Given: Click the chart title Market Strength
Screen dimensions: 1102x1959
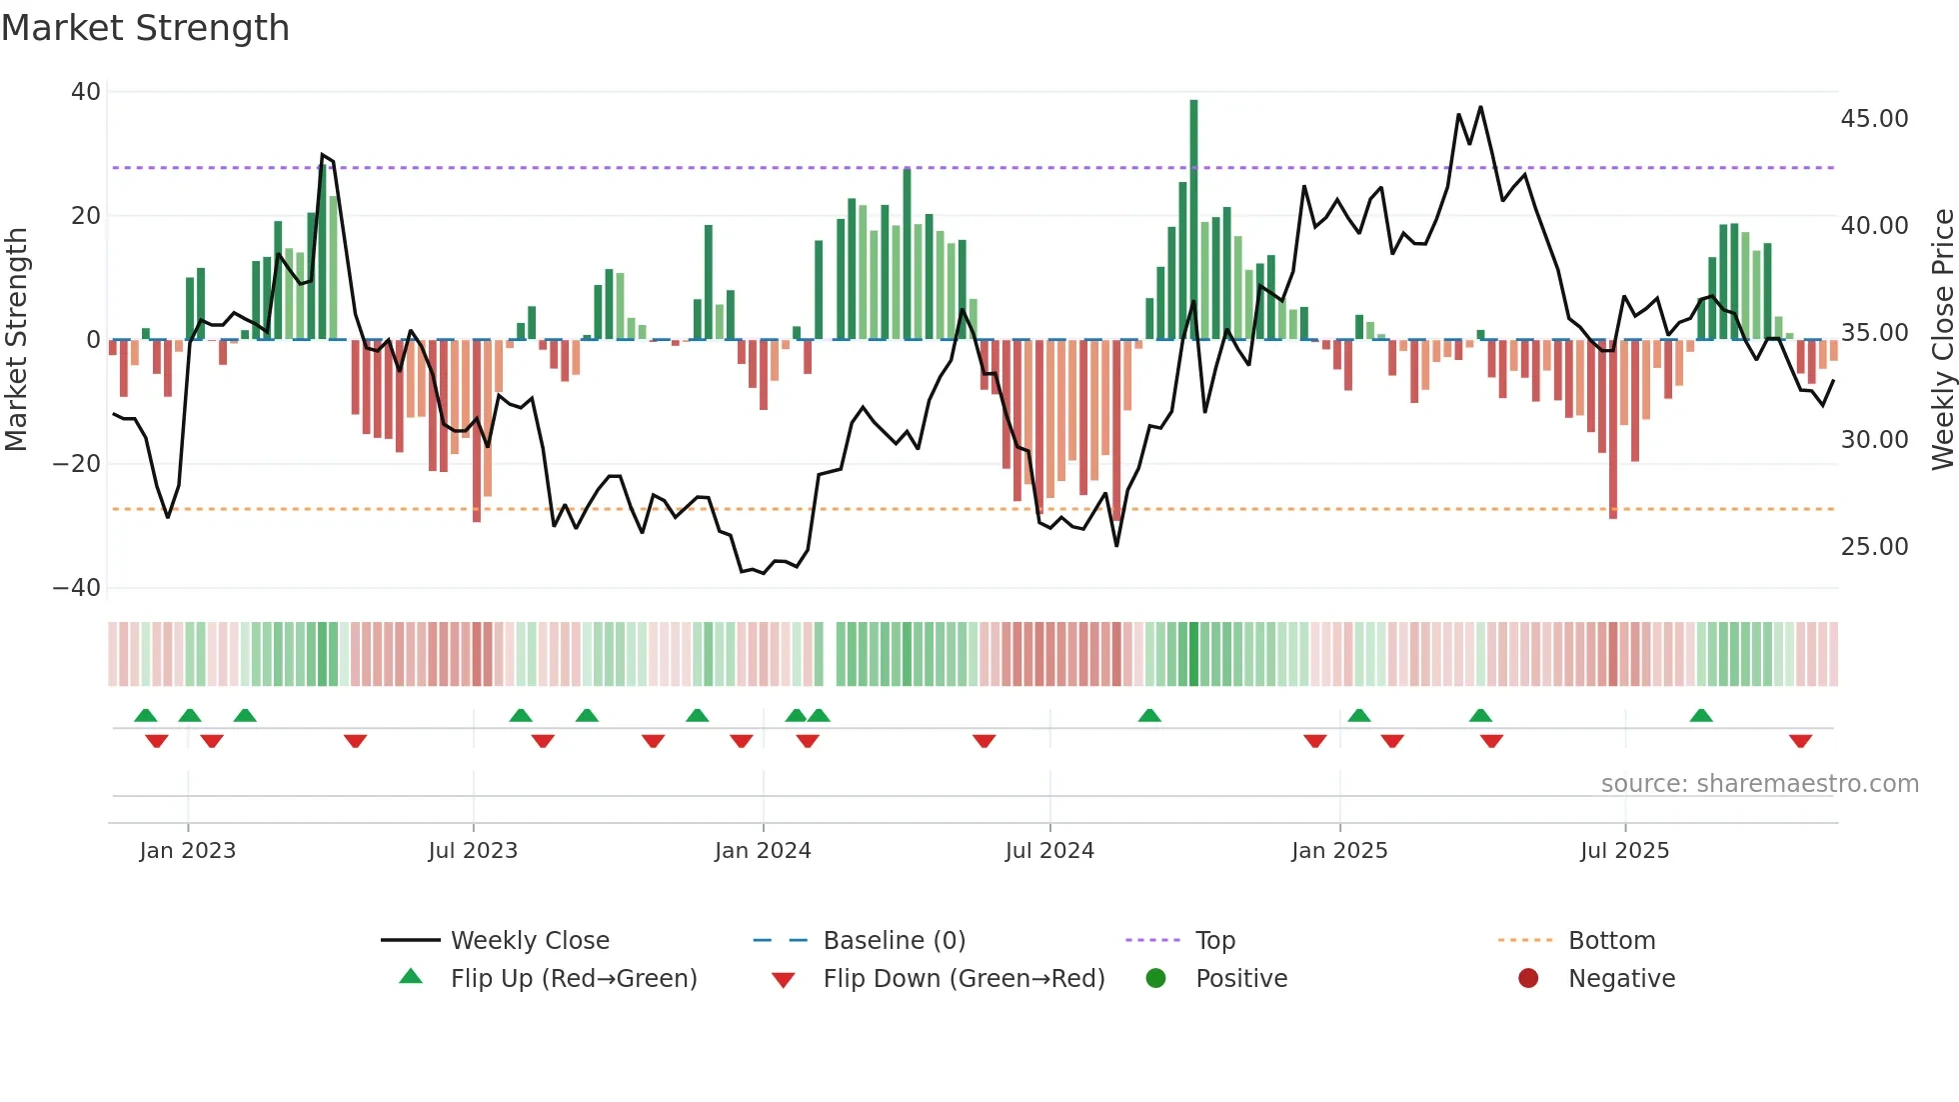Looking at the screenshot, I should coord(145,28).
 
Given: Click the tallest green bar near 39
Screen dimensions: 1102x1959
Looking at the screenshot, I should coord(1193,219).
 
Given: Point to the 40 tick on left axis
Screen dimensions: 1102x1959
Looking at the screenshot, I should coord(86,92).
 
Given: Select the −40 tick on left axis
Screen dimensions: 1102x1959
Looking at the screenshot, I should coord(77,588).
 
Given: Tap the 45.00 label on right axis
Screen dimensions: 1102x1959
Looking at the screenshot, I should coord(1874,119).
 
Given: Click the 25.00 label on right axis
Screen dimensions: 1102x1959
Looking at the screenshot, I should coord(1874,547).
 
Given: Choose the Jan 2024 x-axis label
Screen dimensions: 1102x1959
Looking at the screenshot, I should coord(763,851).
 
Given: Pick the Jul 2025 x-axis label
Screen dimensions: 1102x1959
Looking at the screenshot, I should coord(1624,851).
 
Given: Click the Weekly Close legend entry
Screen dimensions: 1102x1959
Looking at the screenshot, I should coord(529,941).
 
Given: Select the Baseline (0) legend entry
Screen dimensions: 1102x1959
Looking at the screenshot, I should coord(894,941).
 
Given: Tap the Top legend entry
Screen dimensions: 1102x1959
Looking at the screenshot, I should coord(1214,941).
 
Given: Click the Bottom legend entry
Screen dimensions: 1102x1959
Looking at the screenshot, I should coord(1611,941).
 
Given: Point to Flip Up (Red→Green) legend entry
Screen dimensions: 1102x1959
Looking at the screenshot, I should coord(573,979).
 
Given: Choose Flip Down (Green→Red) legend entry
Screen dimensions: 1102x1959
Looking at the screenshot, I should coord(964,979).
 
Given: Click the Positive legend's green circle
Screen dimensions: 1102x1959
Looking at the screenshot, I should coord(1156,979).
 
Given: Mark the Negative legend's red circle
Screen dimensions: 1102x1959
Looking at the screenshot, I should coord(1528,979).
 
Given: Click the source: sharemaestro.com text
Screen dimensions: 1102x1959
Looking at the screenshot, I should coord(1759,784).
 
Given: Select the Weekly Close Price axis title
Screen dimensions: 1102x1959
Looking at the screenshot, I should coord(1942,340).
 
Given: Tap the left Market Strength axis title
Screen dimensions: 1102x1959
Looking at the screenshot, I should coord(16,340).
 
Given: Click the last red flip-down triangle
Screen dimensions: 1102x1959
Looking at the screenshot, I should coord(1800,741).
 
